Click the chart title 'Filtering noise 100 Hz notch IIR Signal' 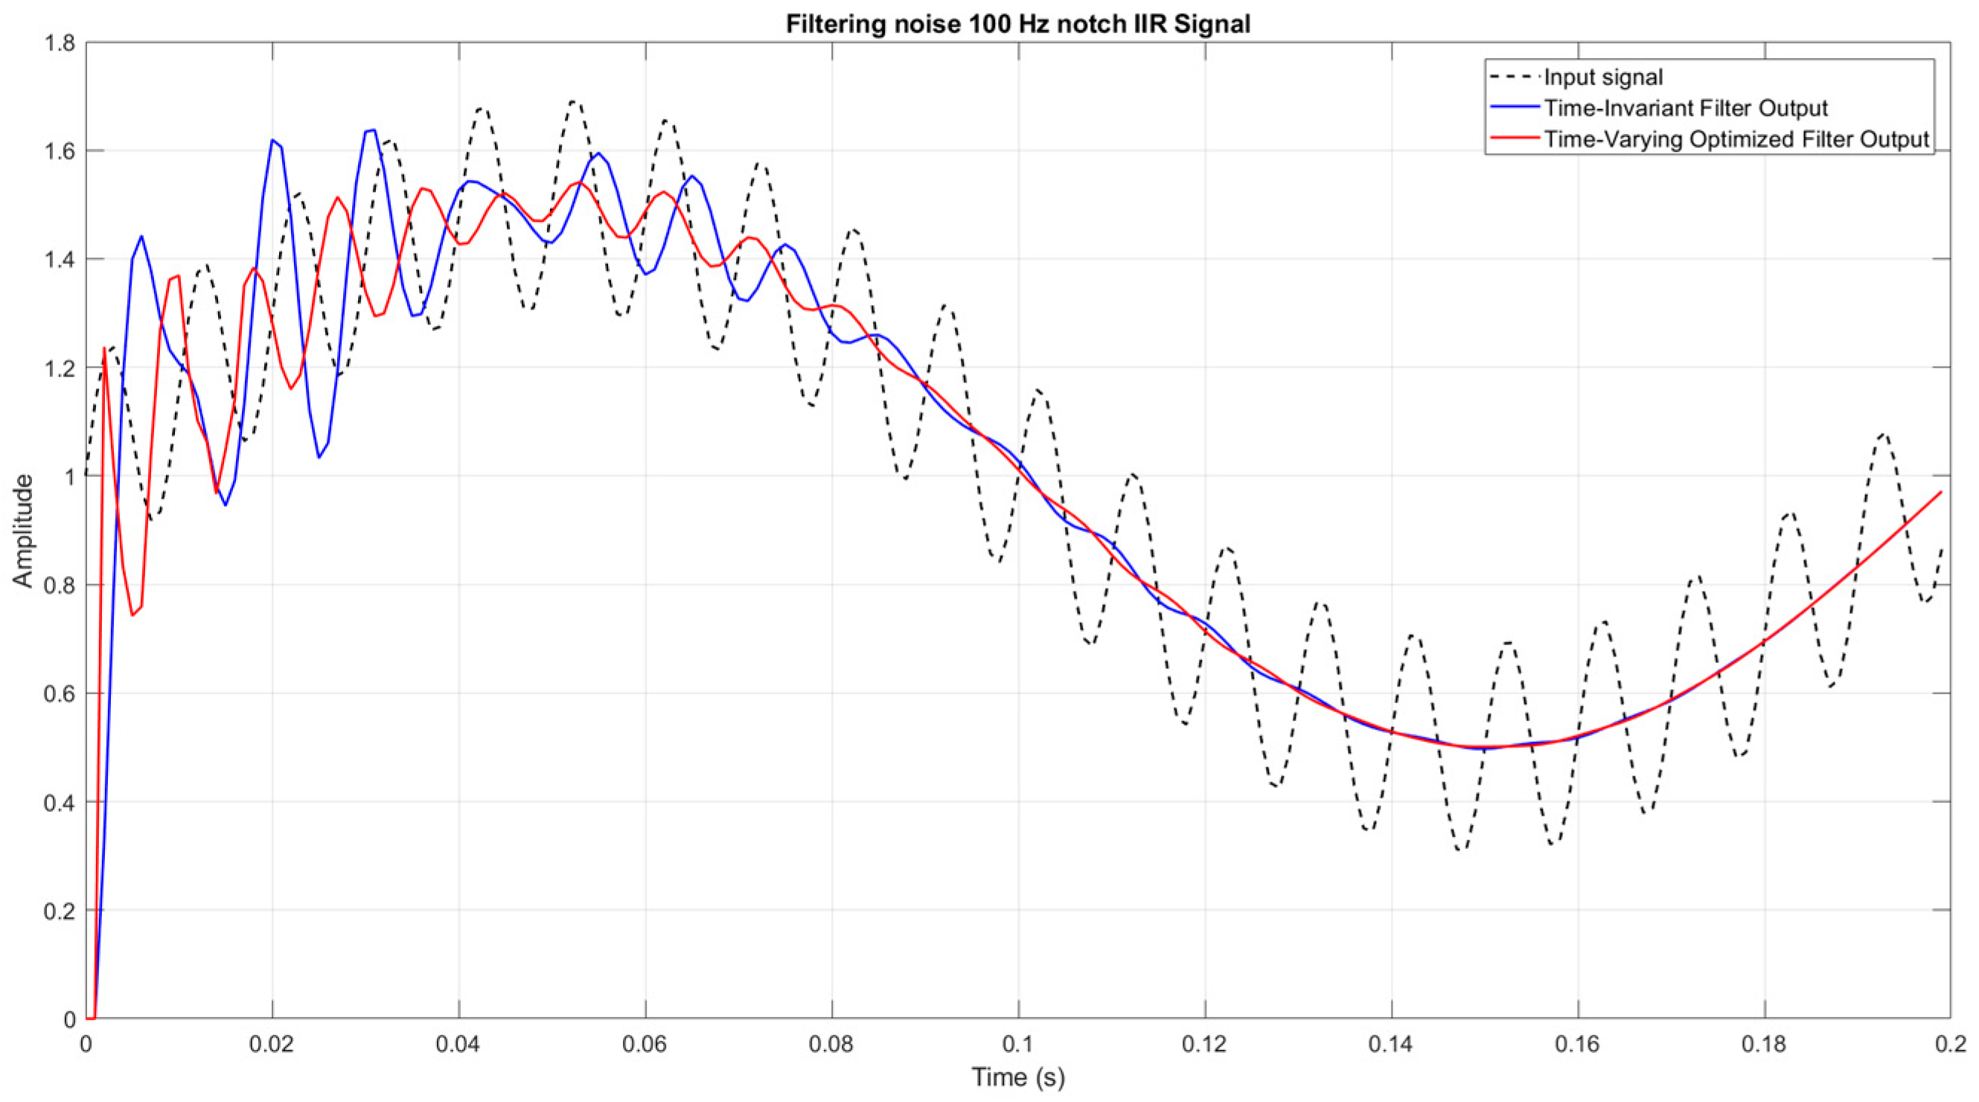click(x=1018, y=24)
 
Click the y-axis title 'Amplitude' click(x=24, y=531)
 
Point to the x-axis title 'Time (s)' click(x=1018, y=1077)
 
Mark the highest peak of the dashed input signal click(x=574, y=101)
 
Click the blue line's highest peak click(x=372, y=129)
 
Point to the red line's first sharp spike click(x=104, y=348)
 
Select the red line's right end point click(x=1941, y=492)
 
